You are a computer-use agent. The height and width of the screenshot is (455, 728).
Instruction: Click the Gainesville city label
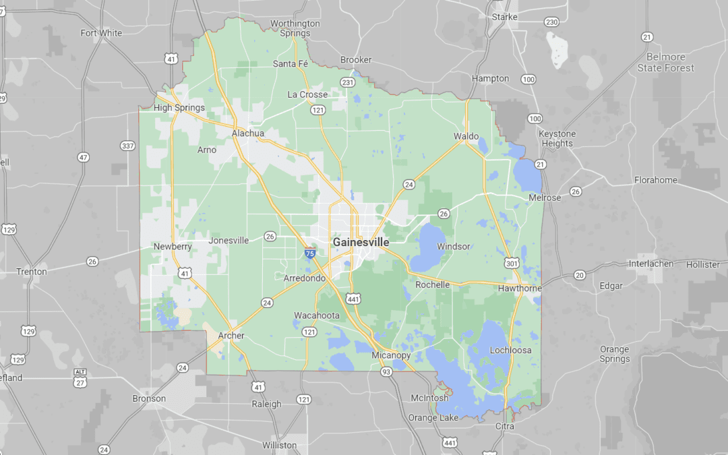361,242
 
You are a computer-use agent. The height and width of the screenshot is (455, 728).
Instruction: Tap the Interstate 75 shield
309,253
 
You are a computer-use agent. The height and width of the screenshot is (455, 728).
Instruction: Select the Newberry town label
173,247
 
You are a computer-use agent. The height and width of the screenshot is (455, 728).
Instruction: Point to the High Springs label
179,108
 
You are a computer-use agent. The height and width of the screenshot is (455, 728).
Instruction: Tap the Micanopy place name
392,355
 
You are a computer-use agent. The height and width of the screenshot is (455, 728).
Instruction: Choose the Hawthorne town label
520,289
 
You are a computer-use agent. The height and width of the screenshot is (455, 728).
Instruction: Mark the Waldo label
466,136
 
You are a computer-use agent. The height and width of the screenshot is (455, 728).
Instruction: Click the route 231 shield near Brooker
347,82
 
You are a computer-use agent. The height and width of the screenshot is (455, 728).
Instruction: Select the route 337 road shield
127,146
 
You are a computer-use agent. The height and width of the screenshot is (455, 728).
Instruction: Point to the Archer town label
231,336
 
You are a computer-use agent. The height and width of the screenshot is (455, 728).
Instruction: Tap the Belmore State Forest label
665,63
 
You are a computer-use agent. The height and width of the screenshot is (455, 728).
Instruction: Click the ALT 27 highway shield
80,379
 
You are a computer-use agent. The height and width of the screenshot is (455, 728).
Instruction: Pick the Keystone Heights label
557,139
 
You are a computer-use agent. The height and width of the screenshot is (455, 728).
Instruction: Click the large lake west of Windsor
426,247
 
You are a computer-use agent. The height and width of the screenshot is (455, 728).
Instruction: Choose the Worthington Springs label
295,28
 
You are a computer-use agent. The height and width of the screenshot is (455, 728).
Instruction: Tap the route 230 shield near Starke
551,22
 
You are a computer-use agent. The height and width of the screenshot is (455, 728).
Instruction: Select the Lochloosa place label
511,351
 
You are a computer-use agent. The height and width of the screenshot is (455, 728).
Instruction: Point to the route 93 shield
386,372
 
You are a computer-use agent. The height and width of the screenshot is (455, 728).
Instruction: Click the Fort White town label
101,33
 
